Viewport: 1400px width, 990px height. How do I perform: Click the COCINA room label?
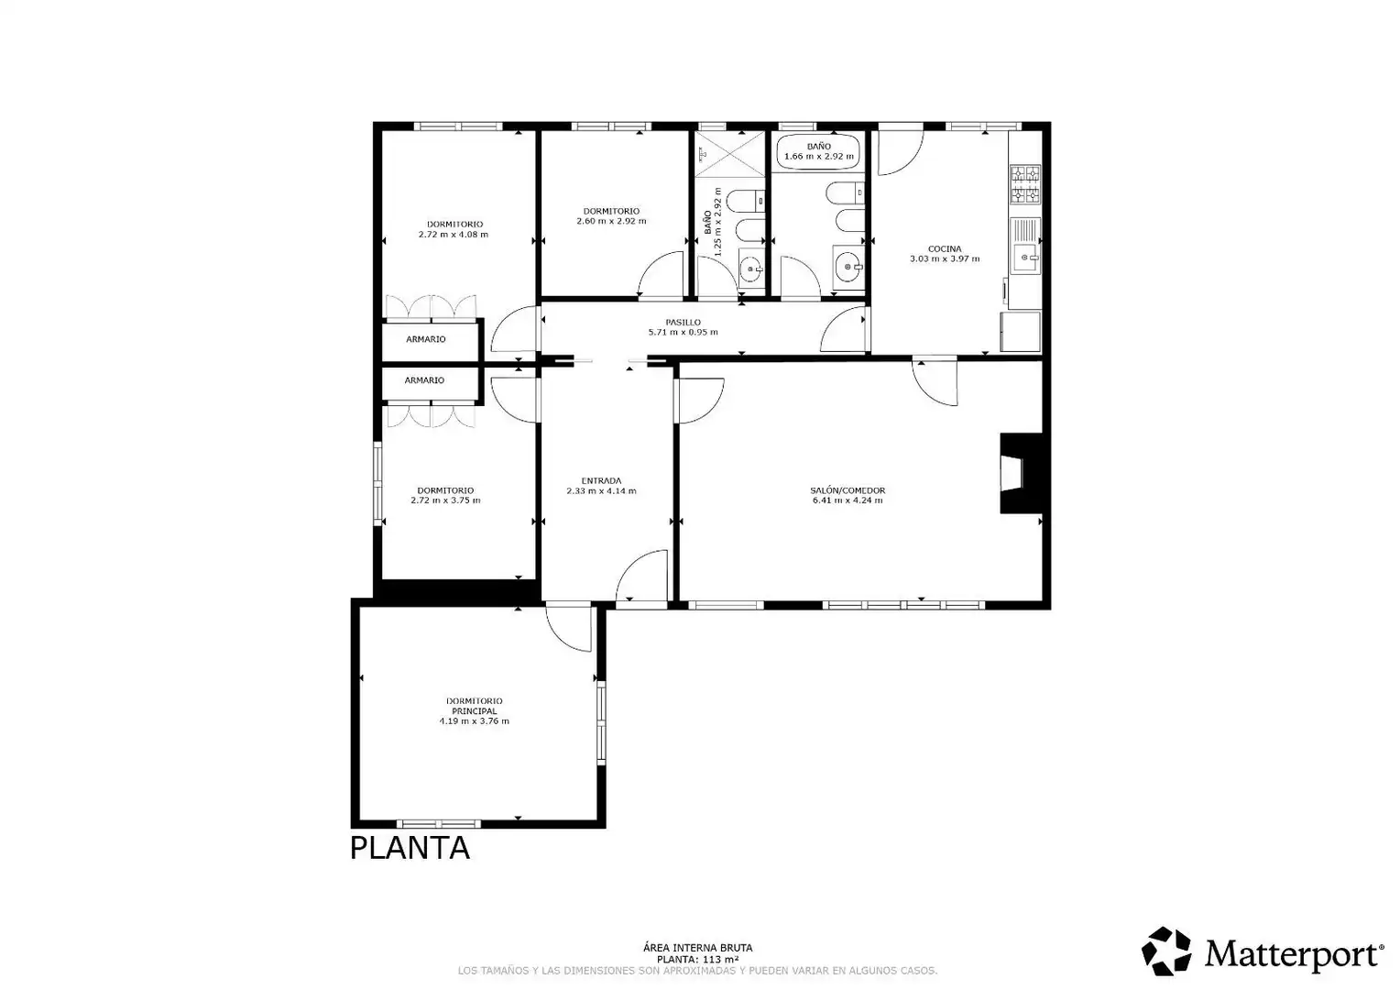click(945, 249)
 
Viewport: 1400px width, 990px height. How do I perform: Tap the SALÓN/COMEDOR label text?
click(848, 490)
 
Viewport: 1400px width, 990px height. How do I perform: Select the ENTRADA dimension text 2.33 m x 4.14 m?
click(601, 491)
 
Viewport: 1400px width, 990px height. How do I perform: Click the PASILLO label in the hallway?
click(684, 322)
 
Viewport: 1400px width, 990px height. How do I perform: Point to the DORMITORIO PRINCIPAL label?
click(475, 706)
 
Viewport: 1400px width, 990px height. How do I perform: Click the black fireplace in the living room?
click(1021, 473)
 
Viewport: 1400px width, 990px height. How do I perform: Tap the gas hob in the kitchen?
click(1025, 184)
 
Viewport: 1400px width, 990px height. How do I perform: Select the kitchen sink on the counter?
click(1025, 247)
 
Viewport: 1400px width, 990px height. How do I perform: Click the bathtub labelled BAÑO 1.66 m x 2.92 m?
click(818, 151)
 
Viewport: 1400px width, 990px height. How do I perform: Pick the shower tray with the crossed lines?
click(730, 155)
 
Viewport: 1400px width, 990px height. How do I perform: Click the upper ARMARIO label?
click(426, 339)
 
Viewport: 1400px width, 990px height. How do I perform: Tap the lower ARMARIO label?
click(424, 380)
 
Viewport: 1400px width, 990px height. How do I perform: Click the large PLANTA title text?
click(410, 848)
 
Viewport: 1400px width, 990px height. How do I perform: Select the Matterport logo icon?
click(1166, 951)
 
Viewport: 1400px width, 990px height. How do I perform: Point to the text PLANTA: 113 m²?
click(698, 960)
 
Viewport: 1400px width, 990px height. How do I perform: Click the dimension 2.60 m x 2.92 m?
click(611, 221)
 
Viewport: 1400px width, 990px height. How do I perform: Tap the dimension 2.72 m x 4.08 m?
click(454, 235)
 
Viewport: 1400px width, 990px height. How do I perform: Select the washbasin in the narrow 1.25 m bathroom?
click(750, 269)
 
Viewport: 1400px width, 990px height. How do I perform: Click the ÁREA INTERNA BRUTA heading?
click(698, 948)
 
